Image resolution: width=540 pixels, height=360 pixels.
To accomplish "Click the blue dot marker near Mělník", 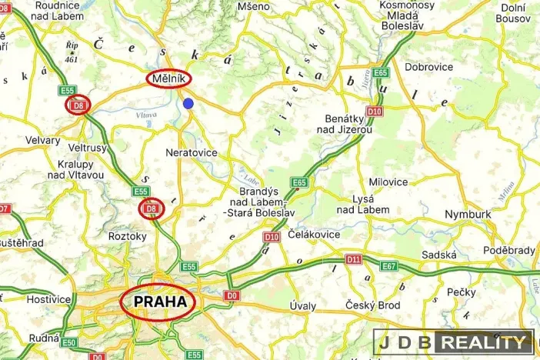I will [188, 103].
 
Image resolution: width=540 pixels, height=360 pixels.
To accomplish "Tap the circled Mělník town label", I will [169, 78].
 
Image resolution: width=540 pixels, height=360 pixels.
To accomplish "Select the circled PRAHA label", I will [160, 302].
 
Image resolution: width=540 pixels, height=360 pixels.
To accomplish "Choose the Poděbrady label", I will [508, 251].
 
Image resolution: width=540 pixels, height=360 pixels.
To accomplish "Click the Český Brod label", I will [373, 305].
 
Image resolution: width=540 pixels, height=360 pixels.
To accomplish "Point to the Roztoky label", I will [127, 236].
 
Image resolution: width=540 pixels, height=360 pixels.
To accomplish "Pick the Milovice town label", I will [388, 182].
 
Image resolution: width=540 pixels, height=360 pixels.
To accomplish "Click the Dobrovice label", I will [428, 67].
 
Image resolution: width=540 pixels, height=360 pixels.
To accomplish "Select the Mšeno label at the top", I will [254, 6].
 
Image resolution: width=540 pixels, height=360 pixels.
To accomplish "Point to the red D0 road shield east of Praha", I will [232, 295].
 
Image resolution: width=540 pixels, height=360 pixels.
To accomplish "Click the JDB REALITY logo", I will [454, 342].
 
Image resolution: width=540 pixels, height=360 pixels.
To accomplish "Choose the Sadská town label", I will [439, 255].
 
